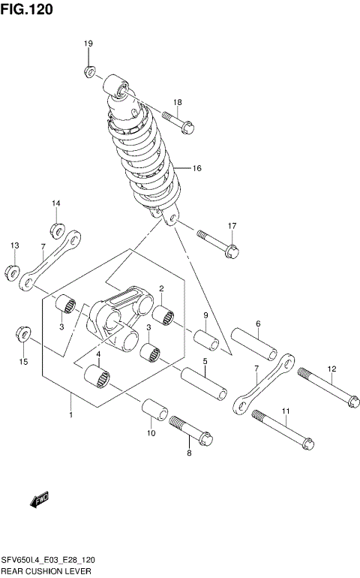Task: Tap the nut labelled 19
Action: (88, 72)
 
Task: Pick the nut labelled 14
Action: (56, 229)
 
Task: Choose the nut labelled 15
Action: (22, 333)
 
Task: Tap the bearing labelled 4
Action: (97, 375)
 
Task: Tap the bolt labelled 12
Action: (328, 387)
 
